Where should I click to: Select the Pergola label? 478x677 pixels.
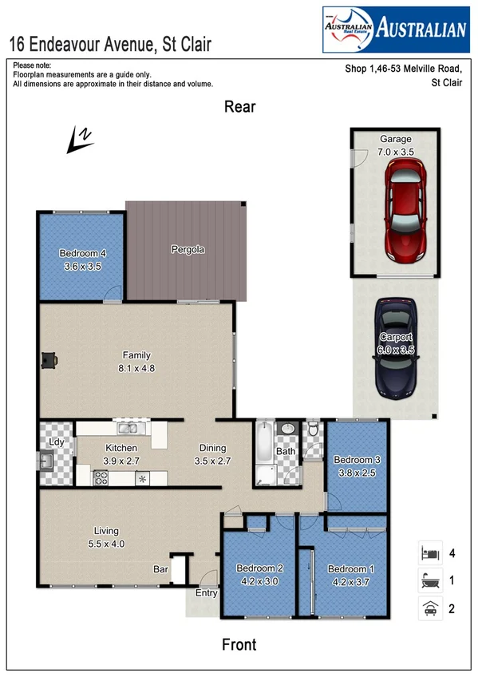(x=188, y=249)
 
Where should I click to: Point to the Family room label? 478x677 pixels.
(x=136, y=355)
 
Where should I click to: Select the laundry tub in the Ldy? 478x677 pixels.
(x=46, y=460)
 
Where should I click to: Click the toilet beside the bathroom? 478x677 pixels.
(x=314, y=431)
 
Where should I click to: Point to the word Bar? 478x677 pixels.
(x=160, y=569)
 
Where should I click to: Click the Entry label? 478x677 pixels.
(x=206, y=592)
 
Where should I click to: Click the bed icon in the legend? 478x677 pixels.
(x=430, y=552)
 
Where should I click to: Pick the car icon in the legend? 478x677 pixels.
(x=430, y=608)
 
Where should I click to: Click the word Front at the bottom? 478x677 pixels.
(x=239, y=644)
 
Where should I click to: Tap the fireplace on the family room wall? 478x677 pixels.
(x=50, y=361)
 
